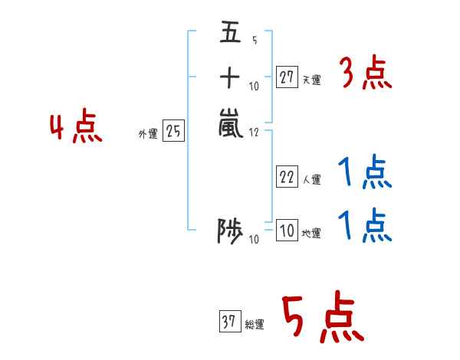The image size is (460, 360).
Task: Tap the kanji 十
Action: point(230,77)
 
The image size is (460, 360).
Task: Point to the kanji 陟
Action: point(230,231)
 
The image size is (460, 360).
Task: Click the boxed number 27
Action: point(287,77)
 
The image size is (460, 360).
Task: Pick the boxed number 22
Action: point(287,178)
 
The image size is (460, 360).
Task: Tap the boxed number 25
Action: point(174,132)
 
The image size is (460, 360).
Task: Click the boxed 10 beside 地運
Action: point(286,231)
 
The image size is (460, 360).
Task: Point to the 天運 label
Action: point(311,80)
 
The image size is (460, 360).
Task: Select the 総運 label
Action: point(255,326)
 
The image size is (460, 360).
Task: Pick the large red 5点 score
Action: point(322,319)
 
